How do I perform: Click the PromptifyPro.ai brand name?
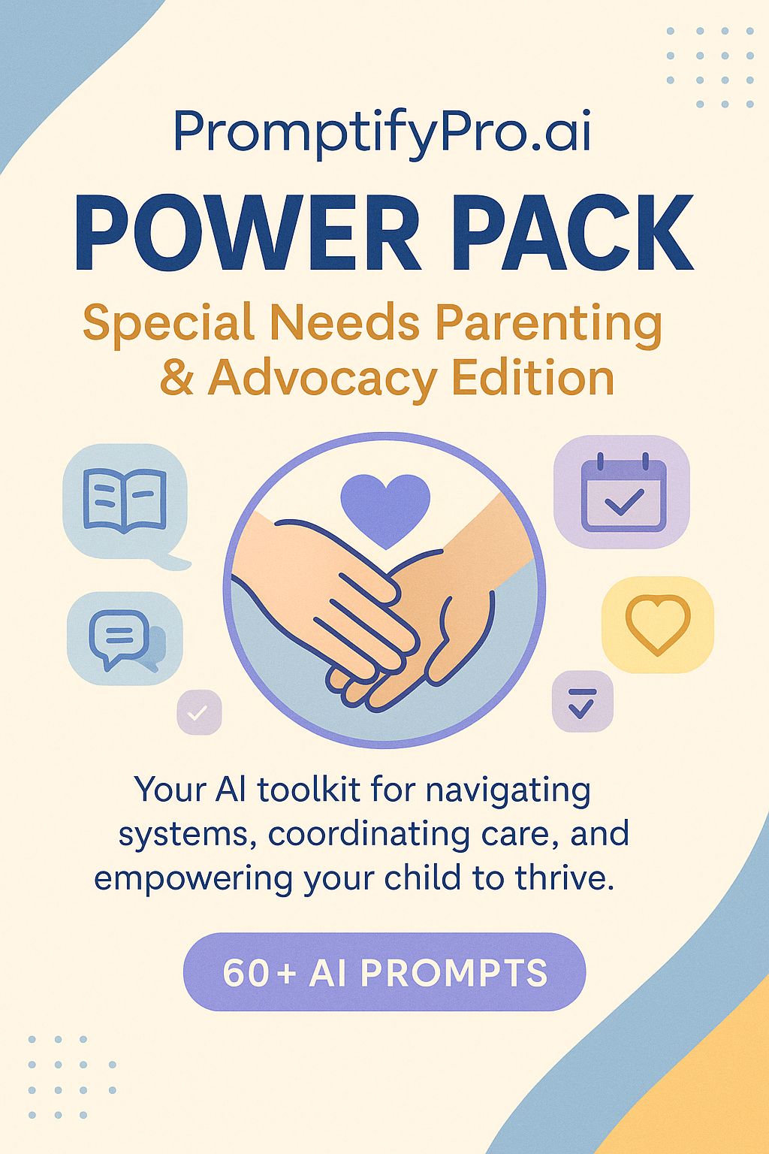[381, 132]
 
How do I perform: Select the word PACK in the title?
[572, 233]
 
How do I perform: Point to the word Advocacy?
[322, 378]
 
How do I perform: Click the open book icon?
[125, 500]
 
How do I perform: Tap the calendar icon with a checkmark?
[623, 493]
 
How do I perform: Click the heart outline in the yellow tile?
[658, 624]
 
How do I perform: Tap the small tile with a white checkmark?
[199, 711]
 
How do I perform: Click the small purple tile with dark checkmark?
[582, 702]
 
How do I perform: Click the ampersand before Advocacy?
[177, 378]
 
